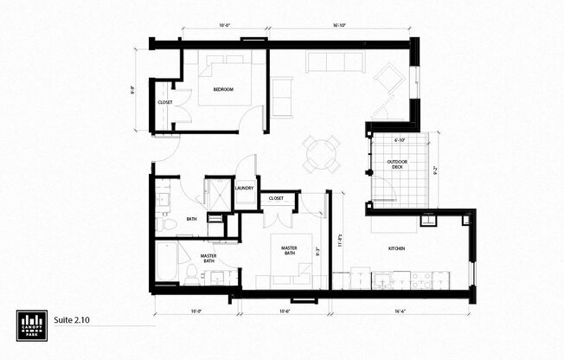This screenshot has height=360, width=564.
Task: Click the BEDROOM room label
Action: coord(226,88)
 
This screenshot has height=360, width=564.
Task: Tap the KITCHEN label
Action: coord(397,248)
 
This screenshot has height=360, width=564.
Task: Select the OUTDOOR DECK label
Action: coord(398,164)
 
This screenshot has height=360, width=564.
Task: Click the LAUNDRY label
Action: coord(244,188)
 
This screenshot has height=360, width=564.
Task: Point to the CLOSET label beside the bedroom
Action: coord(164,103)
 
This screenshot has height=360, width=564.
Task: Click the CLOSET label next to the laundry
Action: coord(276,198)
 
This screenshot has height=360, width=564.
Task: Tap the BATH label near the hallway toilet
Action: coord(192,218)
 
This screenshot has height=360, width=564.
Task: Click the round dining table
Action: coord(320,154)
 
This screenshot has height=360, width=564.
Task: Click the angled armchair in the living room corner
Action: coord(388,79)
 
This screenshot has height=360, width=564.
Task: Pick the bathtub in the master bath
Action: coord(166,261)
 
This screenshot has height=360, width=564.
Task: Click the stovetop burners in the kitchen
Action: coord(421,280)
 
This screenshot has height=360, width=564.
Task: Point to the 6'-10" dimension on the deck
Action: coord(401,139)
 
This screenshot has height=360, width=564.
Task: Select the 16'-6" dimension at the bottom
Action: coord(401,312)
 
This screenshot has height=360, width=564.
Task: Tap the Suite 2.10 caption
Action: coord(72,320)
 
